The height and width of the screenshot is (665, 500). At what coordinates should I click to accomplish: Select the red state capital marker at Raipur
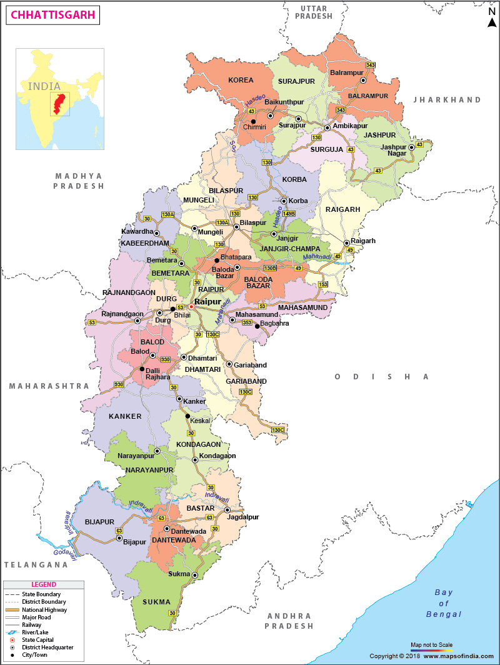click(191, 307)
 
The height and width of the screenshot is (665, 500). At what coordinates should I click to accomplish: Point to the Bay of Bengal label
click(443, 603)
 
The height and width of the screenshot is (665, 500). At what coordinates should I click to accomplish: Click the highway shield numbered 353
click(247, 322)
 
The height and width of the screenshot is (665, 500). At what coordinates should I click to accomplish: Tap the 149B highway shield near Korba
click(288, 214)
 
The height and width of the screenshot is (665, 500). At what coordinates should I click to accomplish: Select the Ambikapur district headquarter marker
click(327, 127)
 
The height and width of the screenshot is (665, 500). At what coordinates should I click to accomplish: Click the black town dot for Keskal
click(187, 416)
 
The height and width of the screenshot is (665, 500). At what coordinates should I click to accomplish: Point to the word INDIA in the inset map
click(44, 86)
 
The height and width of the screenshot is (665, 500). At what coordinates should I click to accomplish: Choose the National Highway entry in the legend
click(44, 609)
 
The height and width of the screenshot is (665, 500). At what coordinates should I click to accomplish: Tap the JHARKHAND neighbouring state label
click(447, 100)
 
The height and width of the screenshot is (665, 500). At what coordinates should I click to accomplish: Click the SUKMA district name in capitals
click(156, 602)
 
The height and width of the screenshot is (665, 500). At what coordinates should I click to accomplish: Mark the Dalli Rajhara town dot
click(142, 369)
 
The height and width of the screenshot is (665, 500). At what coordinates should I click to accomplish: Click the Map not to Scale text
click(431, 644)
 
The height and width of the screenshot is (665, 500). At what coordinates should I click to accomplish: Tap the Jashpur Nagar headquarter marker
click(411, 147)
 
